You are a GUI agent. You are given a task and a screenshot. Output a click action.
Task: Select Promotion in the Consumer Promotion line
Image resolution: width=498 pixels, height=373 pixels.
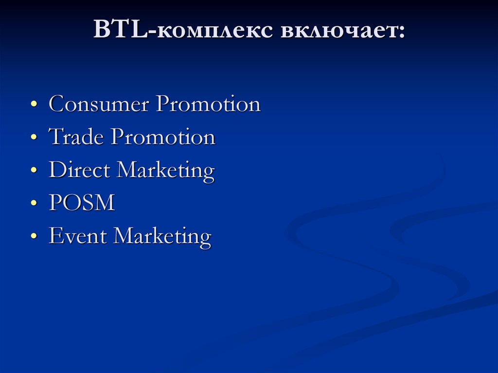click(208, 105)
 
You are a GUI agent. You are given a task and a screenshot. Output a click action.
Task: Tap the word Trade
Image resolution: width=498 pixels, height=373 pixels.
click(76, 137)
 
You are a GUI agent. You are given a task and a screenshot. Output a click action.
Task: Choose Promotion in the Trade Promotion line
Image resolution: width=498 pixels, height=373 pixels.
click(162, 137)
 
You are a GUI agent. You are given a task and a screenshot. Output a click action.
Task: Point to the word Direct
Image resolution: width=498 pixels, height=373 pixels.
click(80, 170)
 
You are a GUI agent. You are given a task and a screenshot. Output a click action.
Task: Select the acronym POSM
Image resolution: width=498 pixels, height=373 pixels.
click(82, 203)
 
